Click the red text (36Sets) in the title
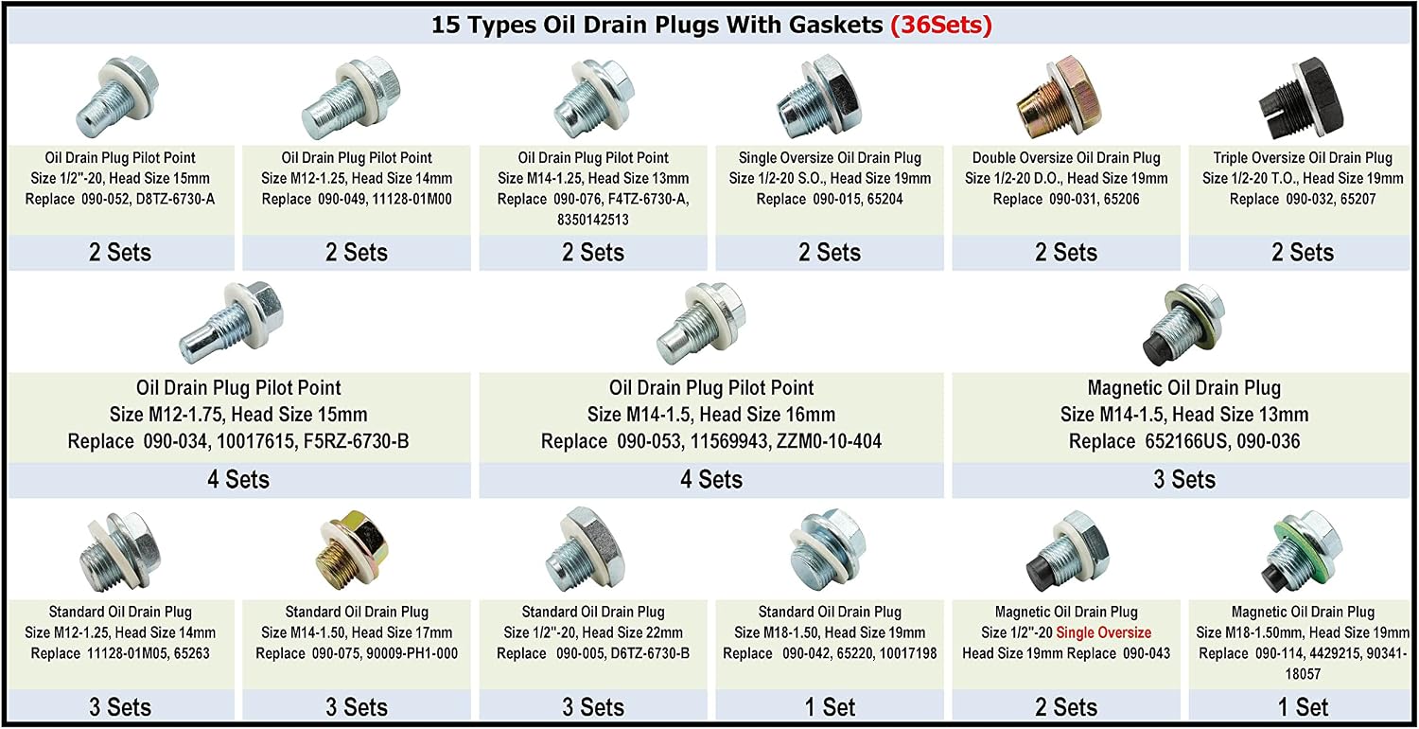click(x=941, y=25)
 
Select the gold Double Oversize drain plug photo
click(x=1060, y=97)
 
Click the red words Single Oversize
click(x=1104, y=632)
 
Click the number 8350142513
click(x=593, y=220)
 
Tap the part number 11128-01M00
click(x=412, y=199)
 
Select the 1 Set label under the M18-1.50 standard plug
click(x=830, y=707)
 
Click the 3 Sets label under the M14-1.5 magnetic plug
click(x=1184, y=479)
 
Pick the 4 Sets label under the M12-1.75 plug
click(x=238, y=479)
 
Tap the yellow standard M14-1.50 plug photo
click(x=352, y=549)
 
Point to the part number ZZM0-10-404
click(x=829, y=441)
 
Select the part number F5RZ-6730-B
click(x=356, y=441)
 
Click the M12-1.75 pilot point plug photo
click(x=232, y=322)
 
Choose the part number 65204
click(x=885, y=199)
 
